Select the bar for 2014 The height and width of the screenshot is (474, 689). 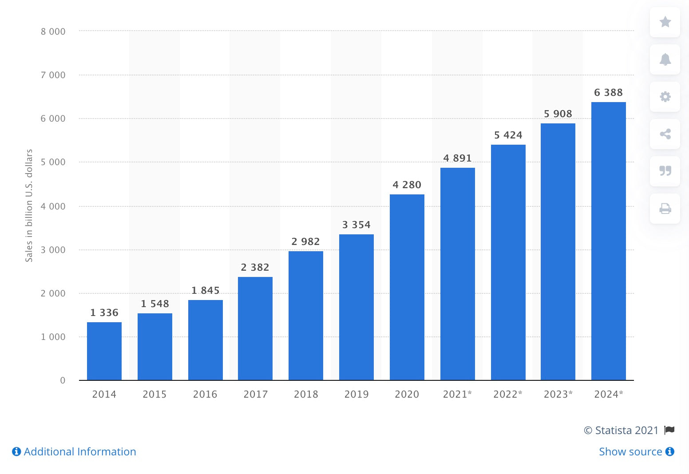pos(104,351)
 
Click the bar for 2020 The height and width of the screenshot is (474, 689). pos(407,287)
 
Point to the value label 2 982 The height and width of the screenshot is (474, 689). pos(305,241)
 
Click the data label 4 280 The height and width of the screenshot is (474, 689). pos(407,185)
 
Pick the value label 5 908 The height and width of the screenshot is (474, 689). pos(558,114)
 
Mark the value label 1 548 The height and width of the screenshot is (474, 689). pos(155,304)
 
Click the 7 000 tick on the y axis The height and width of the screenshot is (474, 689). pos(53,75)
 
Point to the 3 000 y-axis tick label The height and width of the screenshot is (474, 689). pos(53,250)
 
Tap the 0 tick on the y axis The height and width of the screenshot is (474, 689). pos(63,380)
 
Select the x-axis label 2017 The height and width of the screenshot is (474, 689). pos(256,394)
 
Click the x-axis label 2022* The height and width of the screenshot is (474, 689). pos(507,394)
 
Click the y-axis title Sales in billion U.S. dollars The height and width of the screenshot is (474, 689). pos(29,205)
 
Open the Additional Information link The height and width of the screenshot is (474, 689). pos(74,451)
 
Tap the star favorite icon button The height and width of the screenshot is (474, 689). pos(665,22)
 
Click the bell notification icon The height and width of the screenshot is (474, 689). pos(665,59)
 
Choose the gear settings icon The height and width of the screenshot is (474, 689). pos(665,96)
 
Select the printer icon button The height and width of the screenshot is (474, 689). pos(665,208)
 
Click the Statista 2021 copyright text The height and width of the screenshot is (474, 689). pos(621,430)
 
